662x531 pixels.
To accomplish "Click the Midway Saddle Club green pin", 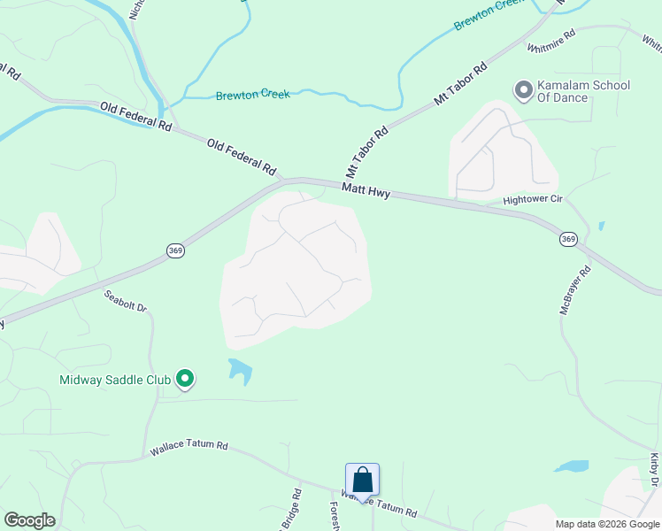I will [185, 380].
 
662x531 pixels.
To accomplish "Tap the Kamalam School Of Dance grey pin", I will [523, 90].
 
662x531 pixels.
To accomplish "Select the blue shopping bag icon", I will [362, 481].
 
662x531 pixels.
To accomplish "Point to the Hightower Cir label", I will [533, 200].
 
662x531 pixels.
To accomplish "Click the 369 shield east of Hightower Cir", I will [568, 239].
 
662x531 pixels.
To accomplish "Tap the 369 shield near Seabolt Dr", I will [175, 252].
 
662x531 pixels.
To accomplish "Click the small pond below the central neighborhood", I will [240, 369].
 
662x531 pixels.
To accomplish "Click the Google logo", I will [29, 520].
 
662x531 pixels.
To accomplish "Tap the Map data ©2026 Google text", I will [607, 524].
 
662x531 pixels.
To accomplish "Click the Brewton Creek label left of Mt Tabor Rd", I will [252, 94].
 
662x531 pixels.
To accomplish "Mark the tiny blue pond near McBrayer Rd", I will [602, 226].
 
